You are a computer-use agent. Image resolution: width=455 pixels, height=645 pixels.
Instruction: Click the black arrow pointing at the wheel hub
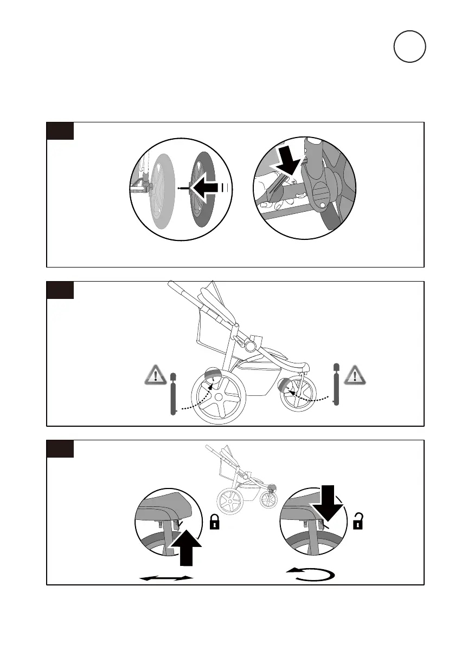208,188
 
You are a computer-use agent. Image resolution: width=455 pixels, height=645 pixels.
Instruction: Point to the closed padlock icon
215,522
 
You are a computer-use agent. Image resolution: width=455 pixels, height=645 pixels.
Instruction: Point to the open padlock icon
358,521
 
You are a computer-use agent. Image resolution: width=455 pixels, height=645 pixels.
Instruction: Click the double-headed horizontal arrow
166,578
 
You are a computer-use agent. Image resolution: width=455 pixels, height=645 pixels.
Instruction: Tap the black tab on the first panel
60,131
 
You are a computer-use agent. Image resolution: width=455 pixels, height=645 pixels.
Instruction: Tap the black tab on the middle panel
60,290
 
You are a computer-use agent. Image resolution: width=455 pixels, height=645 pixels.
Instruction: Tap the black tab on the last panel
60,449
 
